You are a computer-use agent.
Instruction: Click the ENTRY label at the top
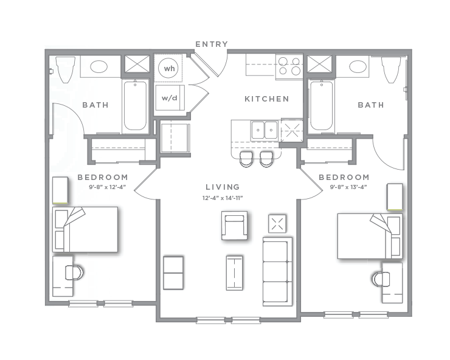[x=212, y=44]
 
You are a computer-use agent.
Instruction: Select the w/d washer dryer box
[x=168, y=97]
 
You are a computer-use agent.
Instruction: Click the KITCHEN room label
[x=266, y=99]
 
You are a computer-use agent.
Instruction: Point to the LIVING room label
[x=222, y=187]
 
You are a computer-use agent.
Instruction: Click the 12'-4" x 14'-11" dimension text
[x=223, y=198]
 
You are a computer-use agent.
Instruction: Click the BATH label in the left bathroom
[x=95, y=105]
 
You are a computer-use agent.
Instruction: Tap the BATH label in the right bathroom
[x=370, y=105]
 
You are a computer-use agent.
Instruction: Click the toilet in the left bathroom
[x=65, y=69]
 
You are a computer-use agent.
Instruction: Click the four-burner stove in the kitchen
[x=289, y=66]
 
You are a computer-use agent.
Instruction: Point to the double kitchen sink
[x=264, y=130]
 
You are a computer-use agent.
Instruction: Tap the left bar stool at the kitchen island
[x=246, y=159]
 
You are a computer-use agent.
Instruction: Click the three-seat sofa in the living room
[x=277, y=271]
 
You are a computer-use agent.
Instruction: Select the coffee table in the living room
[x=234, y=272]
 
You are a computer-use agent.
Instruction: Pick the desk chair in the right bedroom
[x=381, y=279]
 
